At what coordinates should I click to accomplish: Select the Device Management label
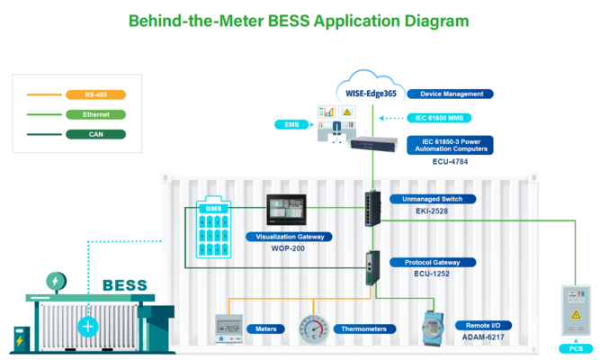coord(450,94)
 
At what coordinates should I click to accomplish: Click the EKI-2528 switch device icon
coord(372,209)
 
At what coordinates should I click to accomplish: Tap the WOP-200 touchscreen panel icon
coord(287,211)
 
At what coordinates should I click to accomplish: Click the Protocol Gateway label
coord(439,263)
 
